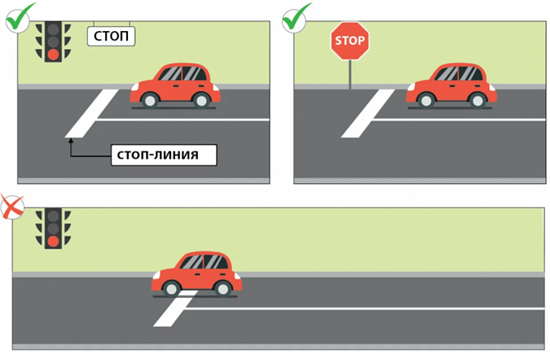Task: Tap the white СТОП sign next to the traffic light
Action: [x=111, y=37]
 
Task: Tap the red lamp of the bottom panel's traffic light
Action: [x=53, y=241]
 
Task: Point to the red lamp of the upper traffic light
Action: [x=53, y=55]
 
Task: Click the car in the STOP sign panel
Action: [x=451, y=85]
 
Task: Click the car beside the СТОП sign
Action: [x=175, y=85]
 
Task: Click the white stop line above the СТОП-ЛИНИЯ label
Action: [x=88, y=114]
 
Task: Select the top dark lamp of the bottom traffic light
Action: [x=53, y=217]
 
